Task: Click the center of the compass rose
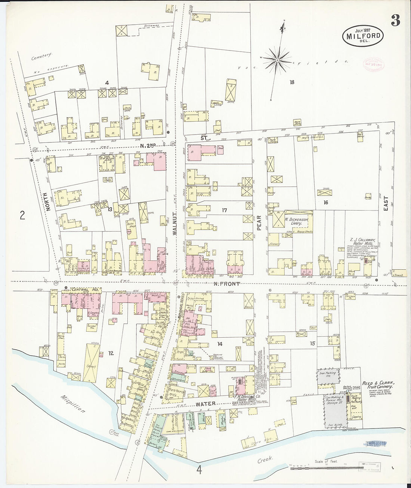(x=278, y=60)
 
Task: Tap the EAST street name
(x=386, y=204)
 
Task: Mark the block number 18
(x=291, y=82)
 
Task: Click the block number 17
(x=224, y=210)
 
